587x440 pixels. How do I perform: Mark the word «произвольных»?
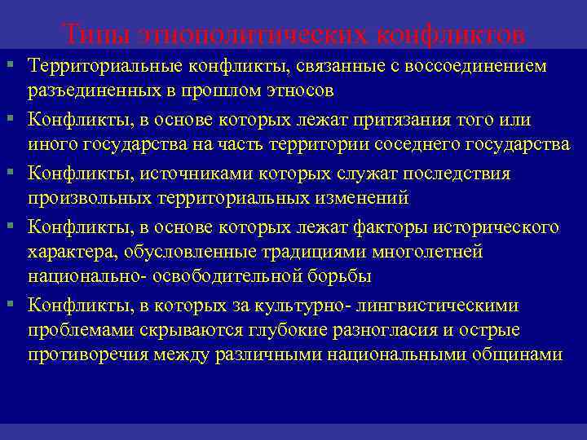(87, 198)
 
